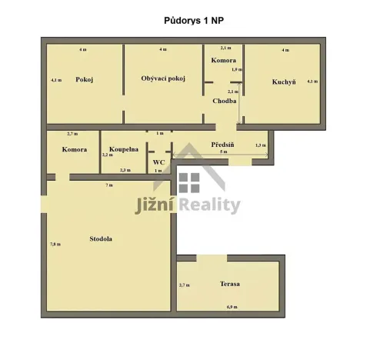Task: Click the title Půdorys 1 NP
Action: click(189, 22)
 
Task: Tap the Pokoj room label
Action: click(85, 80)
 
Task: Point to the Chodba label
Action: click(225, 101)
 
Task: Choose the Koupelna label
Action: click(124, 149)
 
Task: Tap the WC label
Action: click(158, 162)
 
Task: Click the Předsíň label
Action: click(223, 144)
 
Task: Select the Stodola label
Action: click(101, 238)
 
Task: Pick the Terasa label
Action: click(230, 284)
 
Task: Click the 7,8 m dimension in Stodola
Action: click(55, 244)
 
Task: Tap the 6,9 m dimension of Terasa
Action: click(232, 307)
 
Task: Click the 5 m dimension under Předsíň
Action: click(223, 152)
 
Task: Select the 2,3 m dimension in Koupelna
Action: click(124, 170)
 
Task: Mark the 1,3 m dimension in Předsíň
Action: click(260, 145)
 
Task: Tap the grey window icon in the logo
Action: click(189, 182)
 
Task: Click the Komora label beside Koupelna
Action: click(74, 149)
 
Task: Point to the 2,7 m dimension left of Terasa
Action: click(183, 285)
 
